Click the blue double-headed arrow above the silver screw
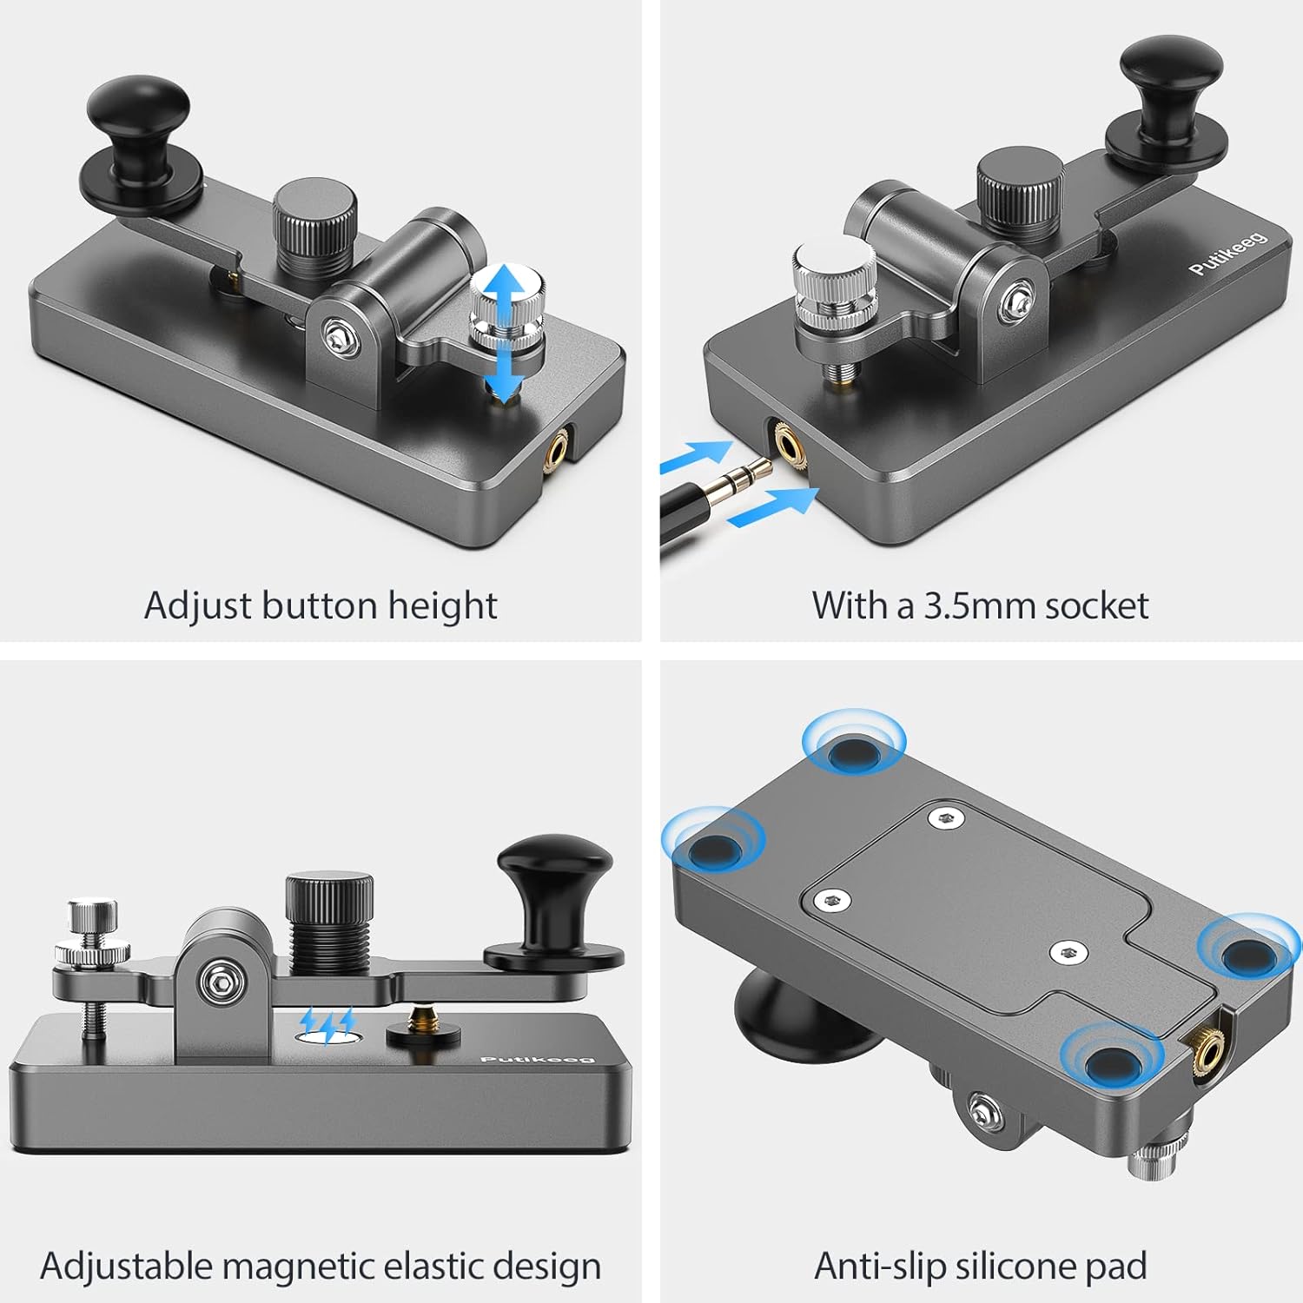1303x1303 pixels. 504,330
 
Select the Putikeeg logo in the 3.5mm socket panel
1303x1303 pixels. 1227,254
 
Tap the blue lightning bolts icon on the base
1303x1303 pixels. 327,1026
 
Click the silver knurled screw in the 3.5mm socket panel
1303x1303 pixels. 834,278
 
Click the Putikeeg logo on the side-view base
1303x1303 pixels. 537,1059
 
